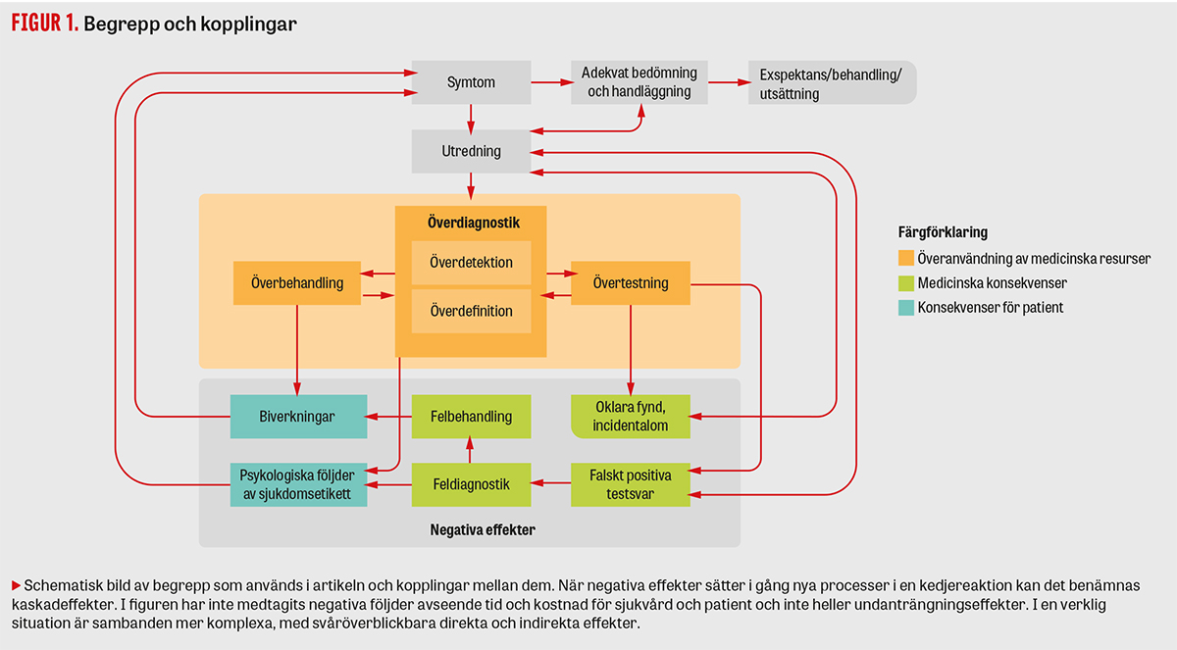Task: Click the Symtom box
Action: pyautogui.click(x=471, y=82)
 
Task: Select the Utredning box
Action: pyautogui.click(x=471, y=151)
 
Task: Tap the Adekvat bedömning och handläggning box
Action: pyautogui.click(x=639, y=82)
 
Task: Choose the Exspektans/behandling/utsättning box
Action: pyautogui.click(x=831, y=82)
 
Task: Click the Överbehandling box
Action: pyautogui.click(x=296, y=283)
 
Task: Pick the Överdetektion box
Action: pyautogui.click(x=471, y=262)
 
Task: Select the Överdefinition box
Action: pyautogui.click(x=471, y=311)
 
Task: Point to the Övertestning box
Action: pyautogui.click(x=631, y=283)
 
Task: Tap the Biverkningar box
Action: pyautogui.click(x=298, y=417)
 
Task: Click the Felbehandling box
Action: pyautogui.click(x=471, y=417)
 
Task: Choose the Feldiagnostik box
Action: pyautogui.click(x=471, y=483)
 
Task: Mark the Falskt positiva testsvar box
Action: pyautogui.click(x=631, y=483)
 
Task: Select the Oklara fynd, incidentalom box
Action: pyautogui.click(x=631, y=417)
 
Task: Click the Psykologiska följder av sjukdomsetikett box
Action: pyautogui.click(x=298, y=483)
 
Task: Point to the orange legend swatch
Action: pyautogui.click(x=905, y=260)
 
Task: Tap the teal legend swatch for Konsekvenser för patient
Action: pyautogui.click(x=905, y=307)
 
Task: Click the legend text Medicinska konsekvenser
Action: pyautogui.click(x=992, y=283)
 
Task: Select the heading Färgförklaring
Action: pyautogui.click(x=942, y=233)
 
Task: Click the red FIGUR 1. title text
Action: pyautogui.click(x=44, y=25)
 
